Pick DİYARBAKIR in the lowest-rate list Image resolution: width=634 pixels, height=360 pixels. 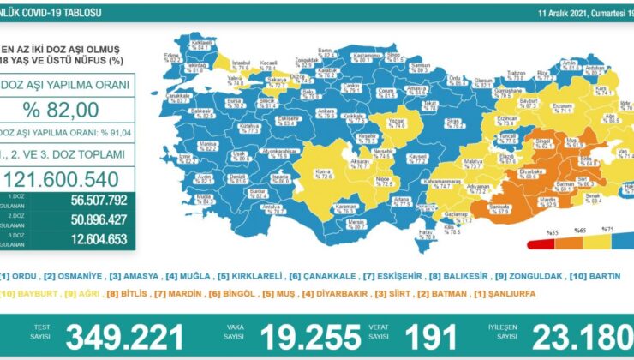[333, 291]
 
